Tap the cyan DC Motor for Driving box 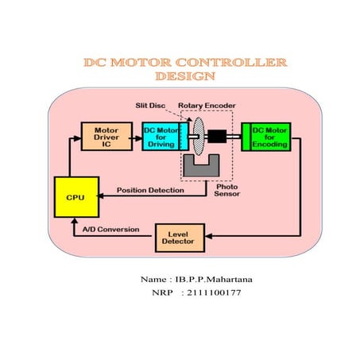click(161, 136)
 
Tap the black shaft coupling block click(217, 136)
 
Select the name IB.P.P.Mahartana click(214, 279)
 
